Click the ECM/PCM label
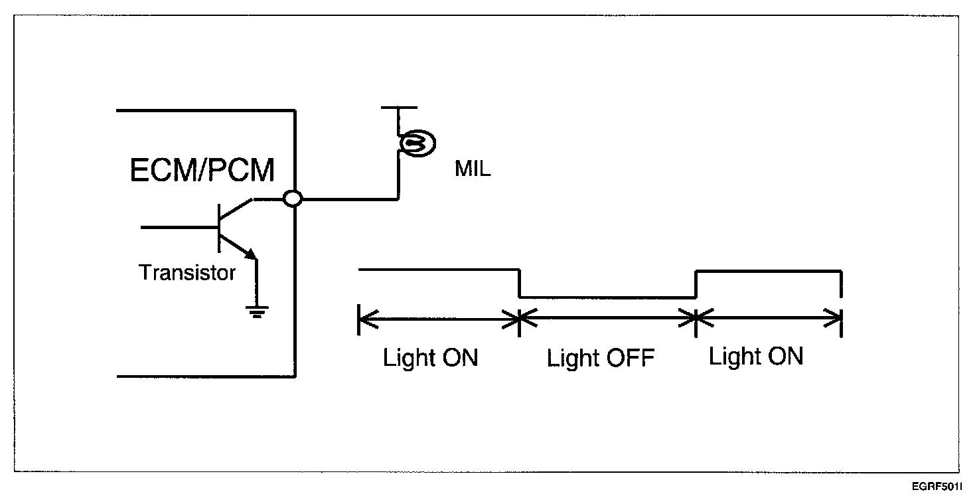pyautogui.click(x=202, y=170)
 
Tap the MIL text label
pyautogui.click(x=473, y=169)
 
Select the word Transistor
pyautogui.click(x=187, y=273)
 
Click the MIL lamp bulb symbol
pyautogui.click(x=417, y=143)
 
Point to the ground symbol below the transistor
pyautogui.click(x=257, y=311)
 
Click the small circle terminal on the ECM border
pyautogui.click(x=292, y=199)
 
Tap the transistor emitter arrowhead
pyautogui.click(x=250, y=254)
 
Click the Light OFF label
pyautogui.click(x=601, y=359)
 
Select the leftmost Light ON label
pyautogui.click(x=431, y=358)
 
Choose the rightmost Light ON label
pyautogui.click(x=756, y=356)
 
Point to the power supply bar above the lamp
pyautogui.click(x=399, y=108)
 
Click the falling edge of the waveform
pyautogui.click(x=520, y=284)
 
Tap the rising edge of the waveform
pyautogui.click(x=696, y=284)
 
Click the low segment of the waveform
pyautogui.click(x=607, y=297)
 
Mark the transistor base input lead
pyautogui.click(x=179, y=227)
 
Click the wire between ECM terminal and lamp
pyautogui.click(x=350, y=199)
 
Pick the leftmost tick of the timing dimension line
pyautogui.click(x=358, y=319)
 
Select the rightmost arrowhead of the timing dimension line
pyautogui.click(x=832, y=318)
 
